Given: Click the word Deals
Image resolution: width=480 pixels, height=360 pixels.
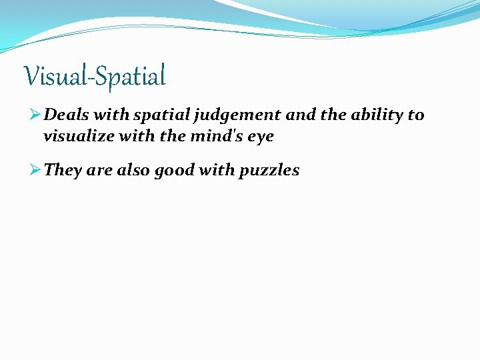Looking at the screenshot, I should click(x=66, y=115).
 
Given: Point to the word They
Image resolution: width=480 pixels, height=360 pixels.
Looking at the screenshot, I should click(x=63, y=171).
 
